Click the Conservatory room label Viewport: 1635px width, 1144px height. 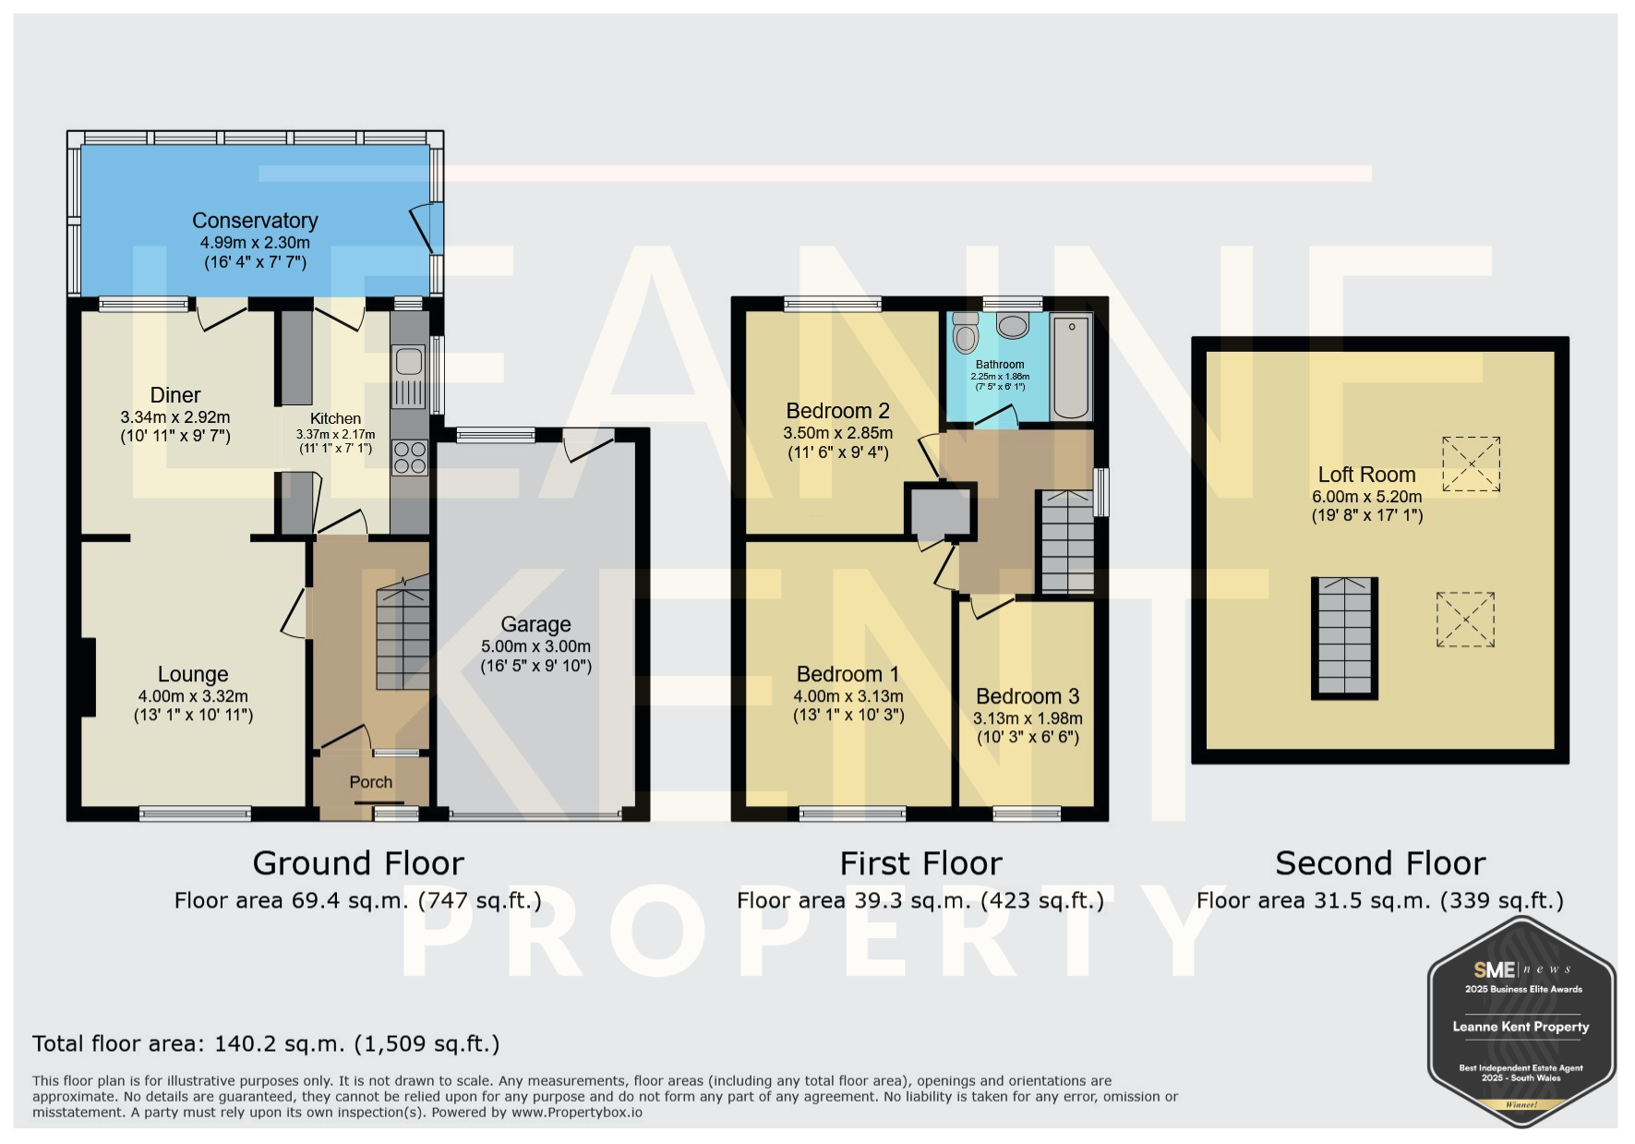tap(255, 221)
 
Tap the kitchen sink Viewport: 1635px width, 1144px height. tap(408, 376)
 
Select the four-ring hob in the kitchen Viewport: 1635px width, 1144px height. tap(410, 457)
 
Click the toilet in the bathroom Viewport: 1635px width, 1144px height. tap(965, 332)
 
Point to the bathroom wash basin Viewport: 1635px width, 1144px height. tap(1013, 325)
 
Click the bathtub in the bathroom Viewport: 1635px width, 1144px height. tap(1072, 367)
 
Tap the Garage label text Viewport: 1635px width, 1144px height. tap(535, 625)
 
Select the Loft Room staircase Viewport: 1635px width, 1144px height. tap(1344, 638)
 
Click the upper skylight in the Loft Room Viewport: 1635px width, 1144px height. tap(1471, 464)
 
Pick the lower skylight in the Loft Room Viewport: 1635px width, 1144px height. tap(1465, 620)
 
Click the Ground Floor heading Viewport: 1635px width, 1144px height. tap(358, 863)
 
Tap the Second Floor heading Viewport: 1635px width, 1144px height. tap(1380, 863)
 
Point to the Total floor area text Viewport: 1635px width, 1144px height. tap(266, 1043)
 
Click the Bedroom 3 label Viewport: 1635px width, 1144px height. tap(1028, 696)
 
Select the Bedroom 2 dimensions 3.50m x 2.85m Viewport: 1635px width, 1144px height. tap(838, 433)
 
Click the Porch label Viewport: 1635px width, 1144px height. tap(370, 782)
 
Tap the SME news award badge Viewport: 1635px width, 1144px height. tap(1521, 1022)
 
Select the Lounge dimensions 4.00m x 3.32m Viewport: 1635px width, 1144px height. tap(193, 696)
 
